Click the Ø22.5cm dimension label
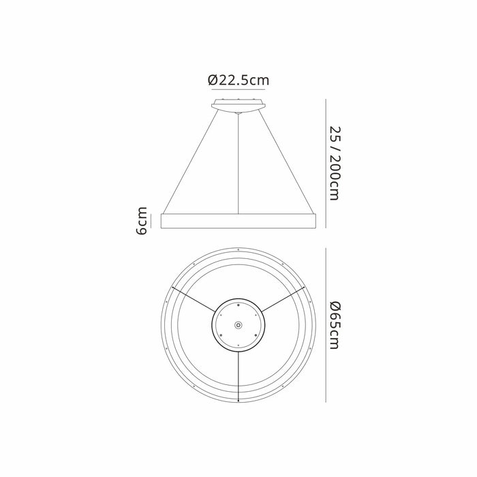pos(238,80)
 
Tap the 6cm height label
pos(142,221)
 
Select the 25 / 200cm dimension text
pos(336,164)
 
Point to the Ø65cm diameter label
pos(336,325)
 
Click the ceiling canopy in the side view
pos(238,105)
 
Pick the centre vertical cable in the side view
pos(238,164)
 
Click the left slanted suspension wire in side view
pos(191,162)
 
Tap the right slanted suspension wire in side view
pos(286,162)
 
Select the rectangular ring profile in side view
pos(238,221)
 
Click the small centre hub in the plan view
pos(238,325)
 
